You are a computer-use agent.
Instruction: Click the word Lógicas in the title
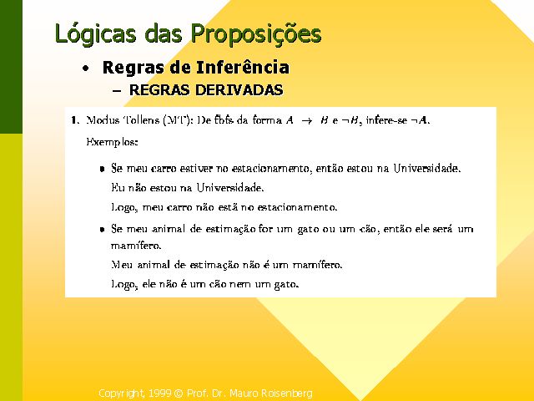[x=95, y=34]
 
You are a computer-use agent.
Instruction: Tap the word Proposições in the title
[x=256, y=34]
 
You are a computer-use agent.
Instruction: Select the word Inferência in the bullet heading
[x=243, y=67]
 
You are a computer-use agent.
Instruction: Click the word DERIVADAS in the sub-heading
[x=239, y=90]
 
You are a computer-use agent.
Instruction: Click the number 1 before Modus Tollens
[x=74, y=120]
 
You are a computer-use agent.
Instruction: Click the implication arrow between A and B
[x=306, y=120]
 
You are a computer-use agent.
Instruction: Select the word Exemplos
[x=112, y=142]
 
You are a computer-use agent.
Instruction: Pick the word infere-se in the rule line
[x=386, y=120]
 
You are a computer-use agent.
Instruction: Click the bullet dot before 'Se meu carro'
[x=102, y=169]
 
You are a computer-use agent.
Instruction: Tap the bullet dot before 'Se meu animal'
[x=102, y=230]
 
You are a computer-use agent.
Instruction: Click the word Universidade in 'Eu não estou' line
[x=230, y=188]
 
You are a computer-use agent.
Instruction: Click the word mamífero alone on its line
[x=136, y=245]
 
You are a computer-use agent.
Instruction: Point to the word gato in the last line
[x=286, y=284]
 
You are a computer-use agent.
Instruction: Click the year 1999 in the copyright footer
[x=159, y=393]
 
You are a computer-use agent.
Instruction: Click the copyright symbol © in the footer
[x=179, y=393]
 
